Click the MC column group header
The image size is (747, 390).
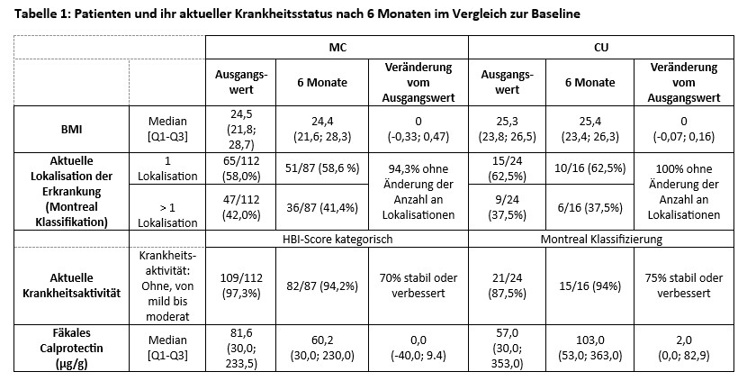pos(337,47)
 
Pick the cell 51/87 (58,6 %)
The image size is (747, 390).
pos(321,168)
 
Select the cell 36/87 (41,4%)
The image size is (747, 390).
pos(321,208)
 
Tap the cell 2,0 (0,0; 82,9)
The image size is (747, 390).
pos(685,349)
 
